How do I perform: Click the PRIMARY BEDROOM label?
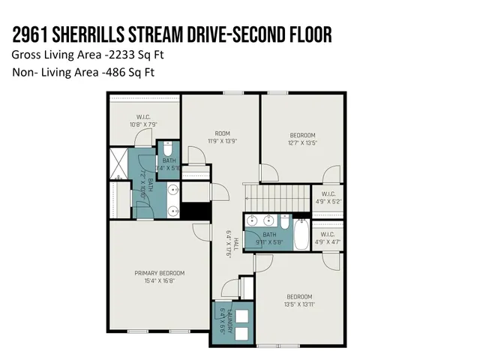(x=159, y=273)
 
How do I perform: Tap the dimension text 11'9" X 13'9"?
(x=221, y=141)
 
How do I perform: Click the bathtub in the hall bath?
(x=300, y=233)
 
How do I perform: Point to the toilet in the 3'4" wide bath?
(x=168, y=146)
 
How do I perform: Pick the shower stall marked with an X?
(x=118, y=163)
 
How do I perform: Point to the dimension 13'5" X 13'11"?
(x=299, y=305)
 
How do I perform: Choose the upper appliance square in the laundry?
(x=223, y=315)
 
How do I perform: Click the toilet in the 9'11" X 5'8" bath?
(x=284, y=222)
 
